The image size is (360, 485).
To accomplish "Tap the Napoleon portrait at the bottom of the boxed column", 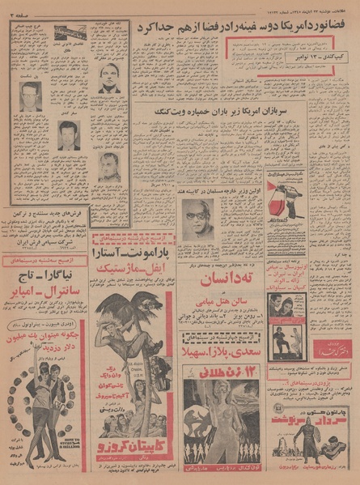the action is coord(110,167).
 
